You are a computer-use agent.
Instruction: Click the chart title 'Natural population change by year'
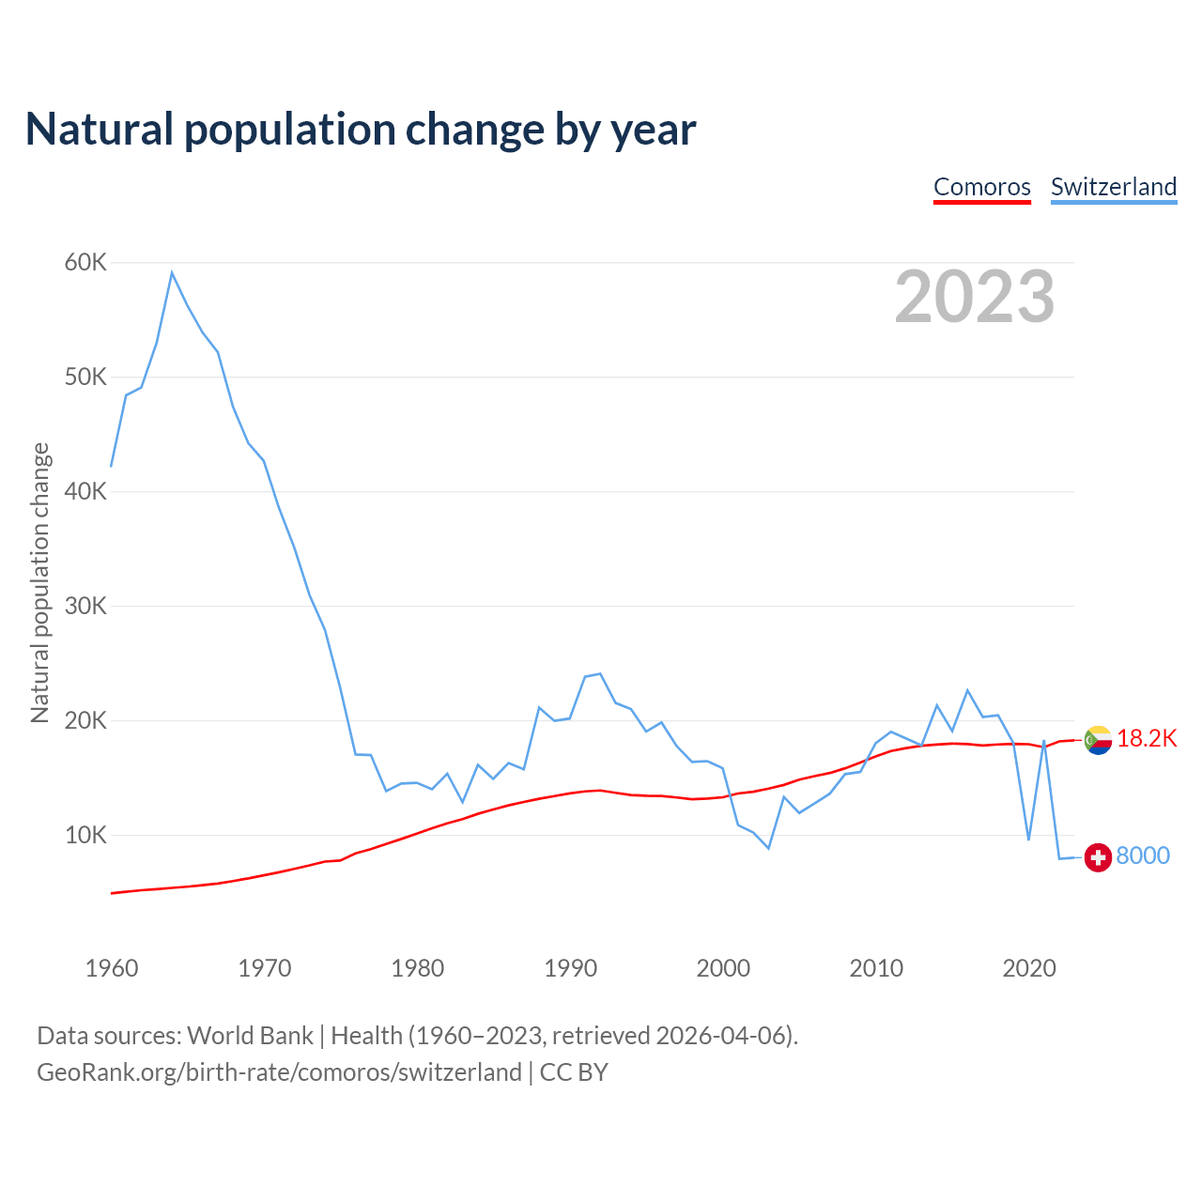361,130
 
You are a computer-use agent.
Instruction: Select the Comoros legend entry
981,187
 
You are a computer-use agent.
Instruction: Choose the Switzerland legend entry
1113,187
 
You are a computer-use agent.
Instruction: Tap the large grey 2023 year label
974,297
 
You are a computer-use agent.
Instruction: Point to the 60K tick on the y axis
85,263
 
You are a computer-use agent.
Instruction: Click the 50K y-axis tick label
85,378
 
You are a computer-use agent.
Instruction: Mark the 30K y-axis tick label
85,607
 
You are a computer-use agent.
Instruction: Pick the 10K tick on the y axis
85,835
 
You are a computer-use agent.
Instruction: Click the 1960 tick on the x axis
112,968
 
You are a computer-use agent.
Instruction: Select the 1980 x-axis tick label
418,968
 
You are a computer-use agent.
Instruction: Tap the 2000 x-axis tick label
723,968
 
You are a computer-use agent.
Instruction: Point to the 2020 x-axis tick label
1029,968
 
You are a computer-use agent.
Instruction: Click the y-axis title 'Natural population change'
39,582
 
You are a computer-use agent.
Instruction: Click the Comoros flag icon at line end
1098,740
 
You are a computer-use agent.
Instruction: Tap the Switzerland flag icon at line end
1098,856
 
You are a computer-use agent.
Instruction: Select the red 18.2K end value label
1147,739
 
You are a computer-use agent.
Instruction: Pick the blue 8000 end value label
1143,855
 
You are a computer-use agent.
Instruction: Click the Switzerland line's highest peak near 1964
172,272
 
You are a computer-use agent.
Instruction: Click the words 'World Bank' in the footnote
250,1036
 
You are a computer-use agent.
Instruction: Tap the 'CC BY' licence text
574,1072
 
